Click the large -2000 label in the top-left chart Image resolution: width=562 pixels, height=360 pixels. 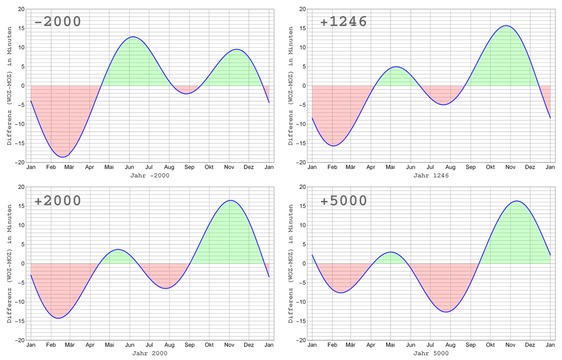tap(58, 22)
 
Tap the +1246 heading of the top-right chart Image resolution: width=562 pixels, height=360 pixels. tap(343, 22)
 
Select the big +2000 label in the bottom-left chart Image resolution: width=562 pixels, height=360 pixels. tap(58, 201)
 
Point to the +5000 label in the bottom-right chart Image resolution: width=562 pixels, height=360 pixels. tap(343, 201)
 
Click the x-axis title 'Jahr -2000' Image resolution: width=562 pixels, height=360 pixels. tap(149, 175)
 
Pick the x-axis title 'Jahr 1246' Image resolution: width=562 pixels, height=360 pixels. tap(431, 175)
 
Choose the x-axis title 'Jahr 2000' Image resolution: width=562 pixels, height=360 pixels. tap(149, 353)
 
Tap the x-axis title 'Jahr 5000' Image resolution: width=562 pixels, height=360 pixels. tap(431, 353)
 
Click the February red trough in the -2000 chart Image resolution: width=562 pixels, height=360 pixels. tap(64, 135)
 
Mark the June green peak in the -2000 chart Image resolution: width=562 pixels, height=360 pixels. tap(132, 62)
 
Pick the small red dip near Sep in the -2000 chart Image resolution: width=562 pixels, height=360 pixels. tap(187, 89)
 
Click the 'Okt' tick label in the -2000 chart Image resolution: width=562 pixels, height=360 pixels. tap(209, 167)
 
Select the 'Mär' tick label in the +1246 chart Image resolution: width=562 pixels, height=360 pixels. tap(351, 167)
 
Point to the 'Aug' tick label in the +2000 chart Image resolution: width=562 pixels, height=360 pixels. tap(169, 345)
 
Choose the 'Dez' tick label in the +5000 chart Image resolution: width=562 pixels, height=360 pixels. tap(530, 345)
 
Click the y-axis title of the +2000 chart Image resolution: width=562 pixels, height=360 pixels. tap(10, 263)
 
